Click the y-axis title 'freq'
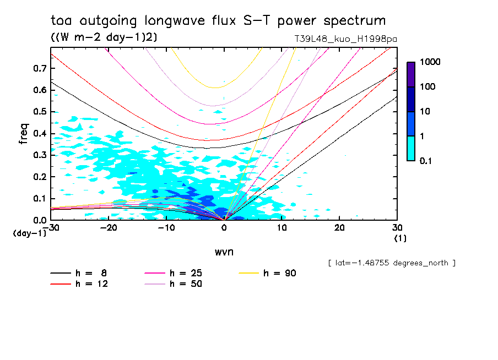click(x=24, y=134)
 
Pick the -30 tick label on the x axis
click(x=51, y=227)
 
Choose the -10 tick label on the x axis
click(x=166, y=227)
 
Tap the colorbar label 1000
click(x=430, y=62)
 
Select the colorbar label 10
click(x=426, y=111)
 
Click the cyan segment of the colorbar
click(x=411, y=148)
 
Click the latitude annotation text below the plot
click(x=392, y=263)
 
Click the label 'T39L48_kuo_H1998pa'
click(x=345, y=40)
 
